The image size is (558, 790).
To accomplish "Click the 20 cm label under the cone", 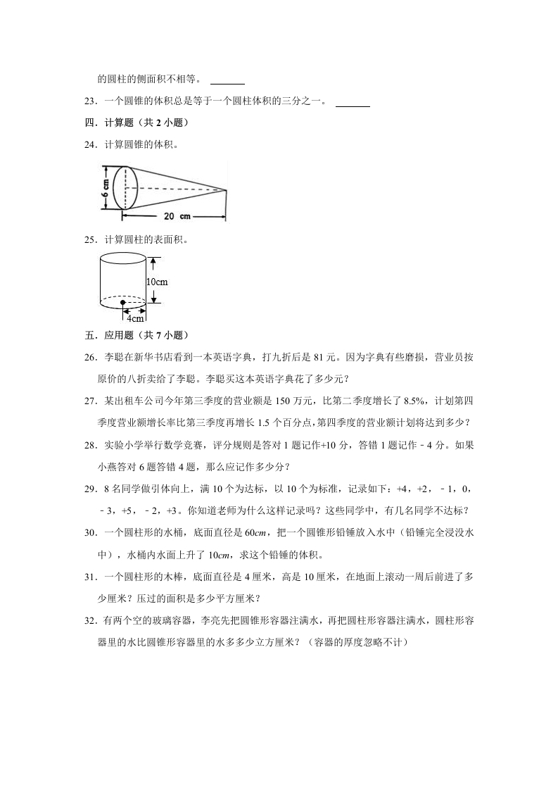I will (x=177, y=215).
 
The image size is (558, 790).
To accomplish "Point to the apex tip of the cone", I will (x=227, y=190).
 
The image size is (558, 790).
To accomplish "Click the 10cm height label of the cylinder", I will (x=156, y=282).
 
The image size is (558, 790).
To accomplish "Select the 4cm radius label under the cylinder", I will (x=134, y=318).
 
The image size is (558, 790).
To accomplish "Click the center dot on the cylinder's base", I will (x=123, y=303).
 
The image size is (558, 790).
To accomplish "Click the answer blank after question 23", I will (x=353, y=104).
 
